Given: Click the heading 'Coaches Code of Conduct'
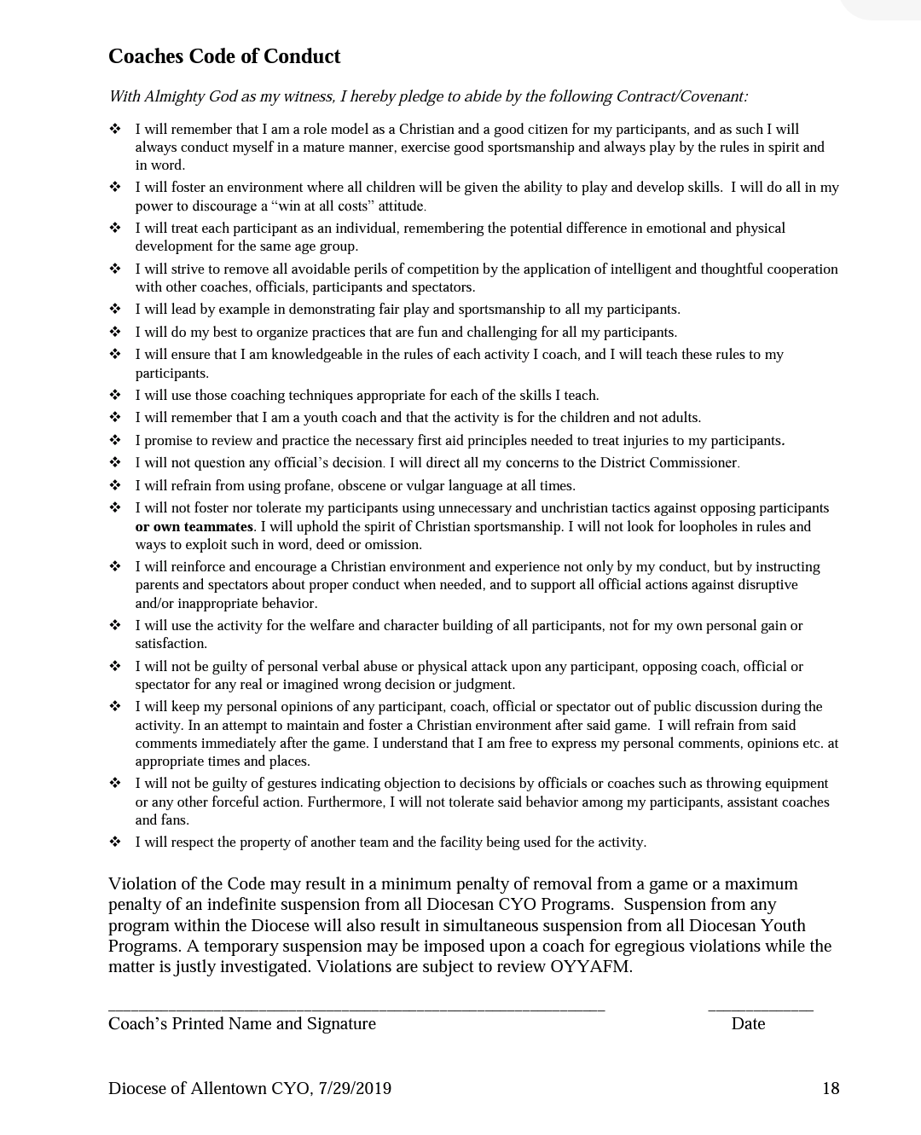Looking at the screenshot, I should point(224,56).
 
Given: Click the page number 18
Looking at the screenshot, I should point(831,1088).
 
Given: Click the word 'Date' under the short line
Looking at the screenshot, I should point(748,1023).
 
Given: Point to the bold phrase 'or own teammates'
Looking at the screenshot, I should point(194,526).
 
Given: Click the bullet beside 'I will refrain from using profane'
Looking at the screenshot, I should point(115,485).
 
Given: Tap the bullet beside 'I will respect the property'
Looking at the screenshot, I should point(115,842).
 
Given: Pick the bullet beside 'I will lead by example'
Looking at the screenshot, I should point(115,309).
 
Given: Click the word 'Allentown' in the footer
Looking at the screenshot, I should point(229,1088).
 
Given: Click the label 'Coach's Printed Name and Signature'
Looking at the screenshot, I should point(242,1023).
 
